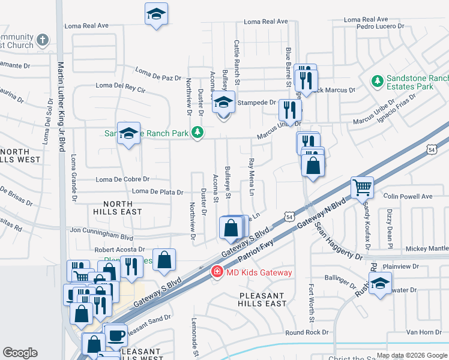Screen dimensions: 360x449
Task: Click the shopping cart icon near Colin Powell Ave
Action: (x=363, y=187)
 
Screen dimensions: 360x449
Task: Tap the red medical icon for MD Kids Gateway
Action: (x=215, y=272)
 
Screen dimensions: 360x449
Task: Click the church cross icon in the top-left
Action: (x=42, y=40)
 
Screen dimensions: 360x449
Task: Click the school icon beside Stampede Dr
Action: (x=224, y=102)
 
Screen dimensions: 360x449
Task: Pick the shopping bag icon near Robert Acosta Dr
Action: (x=164, y=259)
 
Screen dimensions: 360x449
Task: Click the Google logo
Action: (x=20, y=352)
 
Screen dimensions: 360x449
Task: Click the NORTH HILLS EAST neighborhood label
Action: (x=118, y=207)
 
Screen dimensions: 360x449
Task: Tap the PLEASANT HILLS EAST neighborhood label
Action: (x=263, y=299)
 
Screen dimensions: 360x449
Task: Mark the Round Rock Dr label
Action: (x=307, y=332)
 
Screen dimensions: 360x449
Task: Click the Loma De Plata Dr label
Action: (x=157, y=191)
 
